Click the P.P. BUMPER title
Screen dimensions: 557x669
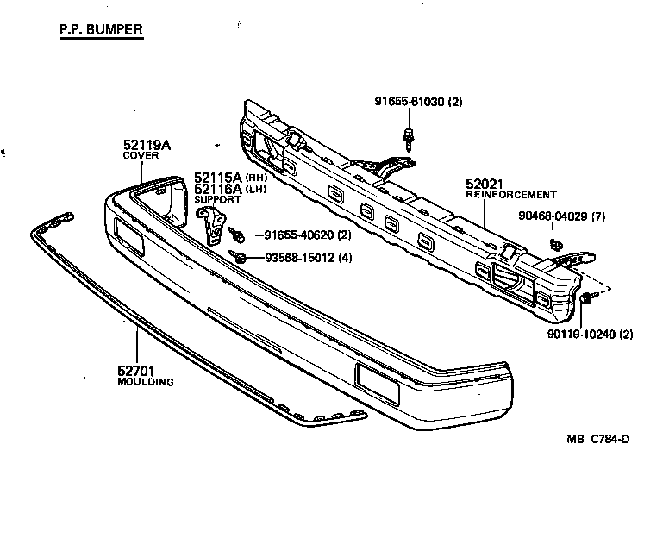[101, 30]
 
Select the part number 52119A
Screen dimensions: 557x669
[147, 145]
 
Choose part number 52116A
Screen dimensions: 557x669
[218, 189]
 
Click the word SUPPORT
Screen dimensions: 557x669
[217, 199]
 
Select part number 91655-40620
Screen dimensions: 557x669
[296, 235]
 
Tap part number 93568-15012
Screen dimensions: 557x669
[296, 257]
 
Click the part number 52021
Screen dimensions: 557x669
[485, 184]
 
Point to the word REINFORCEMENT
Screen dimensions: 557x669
[511, 195]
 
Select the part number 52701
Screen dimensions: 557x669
[135, 371]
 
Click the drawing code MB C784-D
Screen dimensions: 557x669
[597, 439]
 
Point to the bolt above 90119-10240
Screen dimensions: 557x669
[585, 298]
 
